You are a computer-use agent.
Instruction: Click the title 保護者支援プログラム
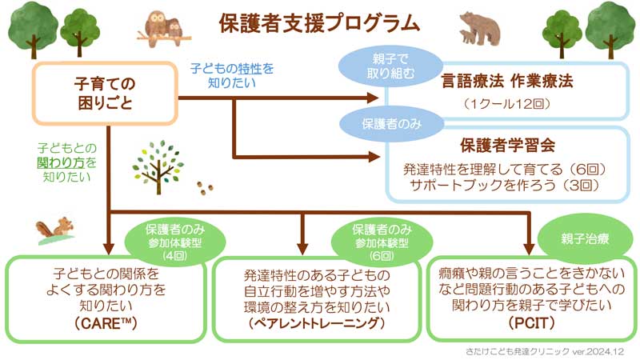[x=319, y=22]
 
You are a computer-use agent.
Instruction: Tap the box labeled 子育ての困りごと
[x=104, y=92]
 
